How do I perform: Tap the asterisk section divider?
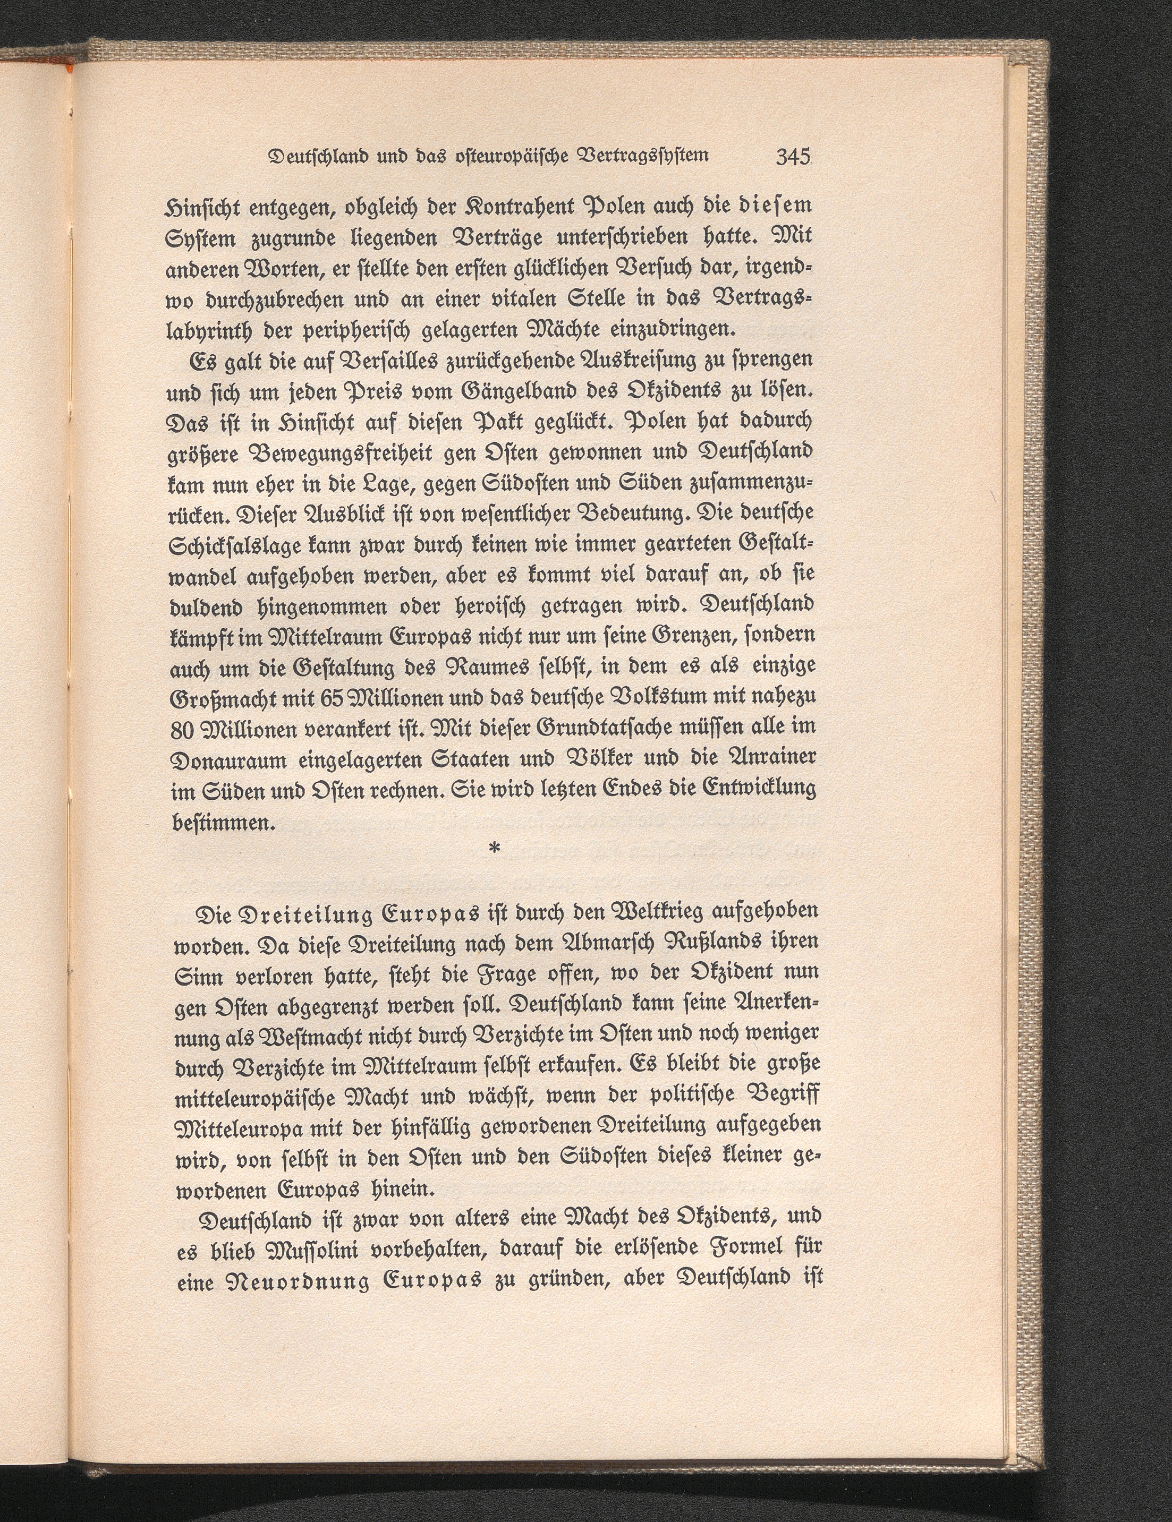[494, 848]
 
